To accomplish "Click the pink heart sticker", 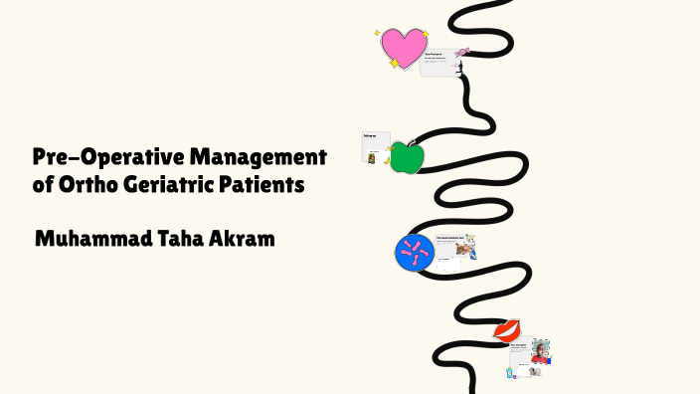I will pos(403,48).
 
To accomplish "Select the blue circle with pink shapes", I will pos(414,253).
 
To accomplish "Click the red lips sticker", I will pos(508,329).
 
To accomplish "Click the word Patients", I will pos(266,185).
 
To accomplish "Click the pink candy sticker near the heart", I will pos(462,52).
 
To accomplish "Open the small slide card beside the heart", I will pos(438,62).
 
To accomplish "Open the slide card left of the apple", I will pos(375,147).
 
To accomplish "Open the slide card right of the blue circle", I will pos(452,249).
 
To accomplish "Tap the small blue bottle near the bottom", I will pos(511,372).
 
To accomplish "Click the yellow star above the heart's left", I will pos(378,33).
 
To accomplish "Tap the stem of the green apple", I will pos(409,142).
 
